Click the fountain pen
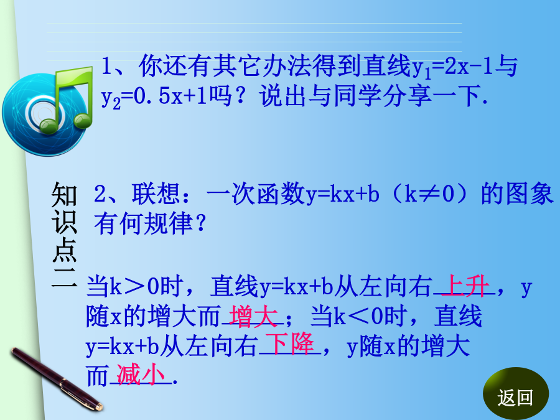[57, 379]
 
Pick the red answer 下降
[289, 344]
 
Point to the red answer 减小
[141, 375]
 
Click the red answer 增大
[253, 315]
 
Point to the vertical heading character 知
[64, 195]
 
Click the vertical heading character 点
[64, 250]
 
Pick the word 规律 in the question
[169, 223]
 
